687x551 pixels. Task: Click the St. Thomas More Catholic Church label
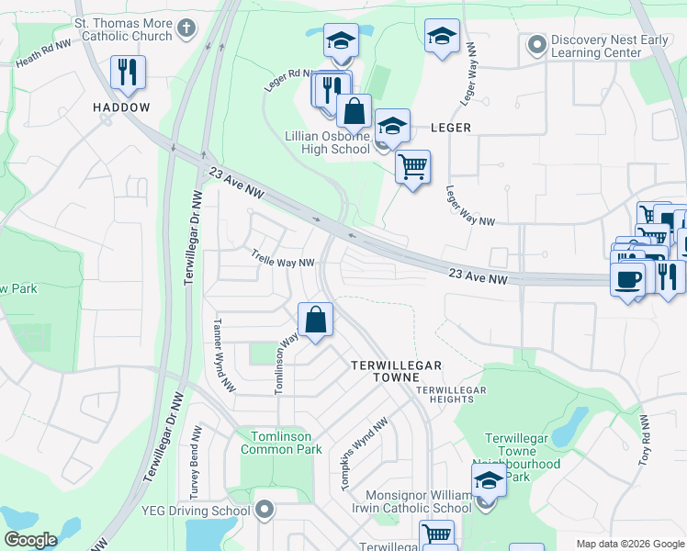pos(123,29)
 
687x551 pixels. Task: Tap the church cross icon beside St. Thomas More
pos(189,28)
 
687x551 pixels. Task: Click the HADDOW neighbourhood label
pos(120,107)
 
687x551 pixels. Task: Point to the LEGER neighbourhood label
pos(450,128)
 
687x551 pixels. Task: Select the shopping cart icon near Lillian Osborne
pos(412,167)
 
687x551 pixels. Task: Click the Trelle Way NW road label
pos(284,262)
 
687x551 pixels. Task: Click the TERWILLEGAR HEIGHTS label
pos(450,395)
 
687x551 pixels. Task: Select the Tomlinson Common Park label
pos(281,443)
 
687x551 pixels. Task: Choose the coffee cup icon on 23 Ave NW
pos(627,278)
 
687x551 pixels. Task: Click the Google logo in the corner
pos(30,540)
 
